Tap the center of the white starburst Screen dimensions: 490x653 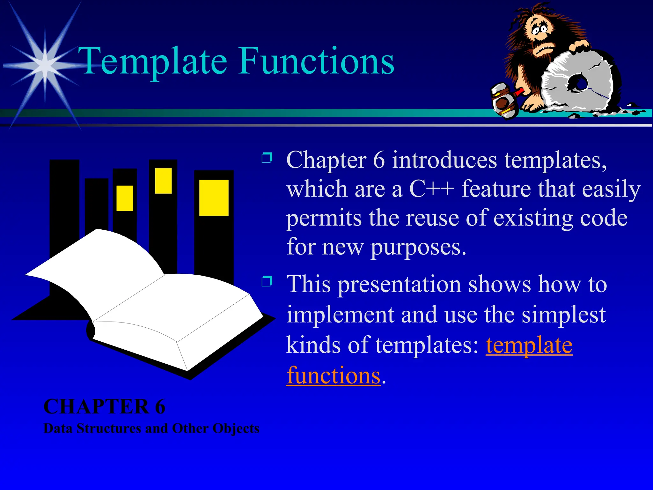pos(45,65)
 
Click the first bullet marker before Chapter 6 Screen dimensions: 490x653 pos(267,158)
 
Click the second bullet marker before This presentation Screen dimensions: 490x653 pos(267,281)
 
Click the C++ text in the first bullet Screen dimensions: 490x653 pos(431,189)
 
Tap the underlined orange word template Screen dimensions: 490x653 pos(529,345)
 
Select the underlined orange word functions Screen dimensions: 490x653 pos(333,375)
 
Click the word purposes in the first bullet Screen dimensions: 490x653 pos(418,247)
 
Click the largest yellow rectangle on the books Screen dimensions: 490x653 pos(214,197)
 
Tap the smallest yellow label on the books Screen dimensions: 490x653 pos(125,198)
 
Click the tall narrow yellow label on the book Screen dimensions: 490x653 pos(163,181)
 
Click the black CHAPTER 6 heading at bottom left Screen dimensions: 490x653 pos(104,406)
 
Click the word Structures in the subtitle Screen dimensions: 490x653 pos(109,428)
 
